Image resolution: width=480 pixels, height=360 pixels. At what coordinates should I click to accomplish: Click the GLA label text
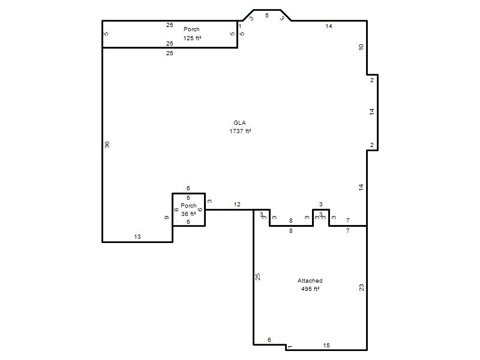pos(239,123)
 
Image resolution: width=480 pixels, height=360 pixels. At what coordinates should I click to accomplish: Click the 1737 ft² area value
pos(241,131)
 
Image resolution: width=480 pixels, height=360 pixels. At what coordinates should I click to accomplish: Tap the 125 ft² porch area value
pos(192,38)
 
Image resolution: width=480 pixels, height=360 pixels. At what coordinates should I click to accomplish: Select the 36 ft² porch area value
pos(188,214)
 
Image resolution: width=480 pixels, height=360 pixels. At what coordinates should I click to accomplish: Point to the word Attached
pos(310,280)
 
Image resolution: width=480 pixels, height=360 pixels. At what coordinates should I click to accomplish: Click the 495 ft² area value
pos(310,289)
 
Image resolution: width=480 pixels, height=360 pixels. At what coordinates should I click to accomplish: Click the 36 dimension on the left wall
pos(107,145)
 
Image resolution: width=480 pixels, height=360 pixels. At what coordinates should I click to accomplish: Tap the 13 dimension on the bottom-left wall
pos(137,236)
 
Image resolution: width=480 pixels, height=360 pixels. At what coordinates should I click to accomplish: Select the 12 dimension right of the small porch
pos(237,204)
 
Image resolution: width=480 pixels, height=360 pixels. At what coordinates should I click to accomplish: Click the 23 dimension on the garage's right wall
pos(362,287)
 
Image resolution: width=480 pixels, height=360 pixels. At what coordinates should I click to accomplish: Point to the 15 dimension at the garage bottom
pos(326,346)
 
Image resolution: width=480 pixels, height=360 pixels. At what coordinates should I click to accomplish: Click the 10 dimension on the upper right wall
pos(361,47)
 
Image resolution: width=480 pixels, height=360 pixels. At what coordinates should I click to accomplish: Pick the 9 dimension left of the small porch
pos(167,218)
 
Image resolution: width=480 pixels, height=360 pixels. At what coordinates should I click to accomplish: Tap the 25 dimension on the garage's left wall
pos(258,277)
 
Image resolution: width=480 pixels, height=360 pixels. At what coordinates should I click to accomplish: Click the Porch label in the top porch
pos(191,29)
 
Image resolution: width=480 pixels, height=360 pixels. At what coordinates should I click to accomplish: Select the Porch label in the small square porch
pos(188,205)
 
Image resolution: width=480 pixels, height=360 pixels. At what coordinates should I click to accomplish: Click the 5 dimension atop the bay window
pos(267,16)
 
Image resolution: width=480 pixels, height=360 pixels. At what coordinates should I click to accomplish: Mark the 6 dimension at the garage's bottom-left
pos(269,340)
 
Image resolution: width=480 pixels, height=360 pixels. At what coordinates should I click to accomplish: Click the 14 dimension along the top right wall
pos(329,26)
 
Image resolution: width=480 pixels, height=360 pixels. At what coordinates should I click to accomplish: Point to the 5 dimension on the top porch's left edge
pos(106,34)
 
